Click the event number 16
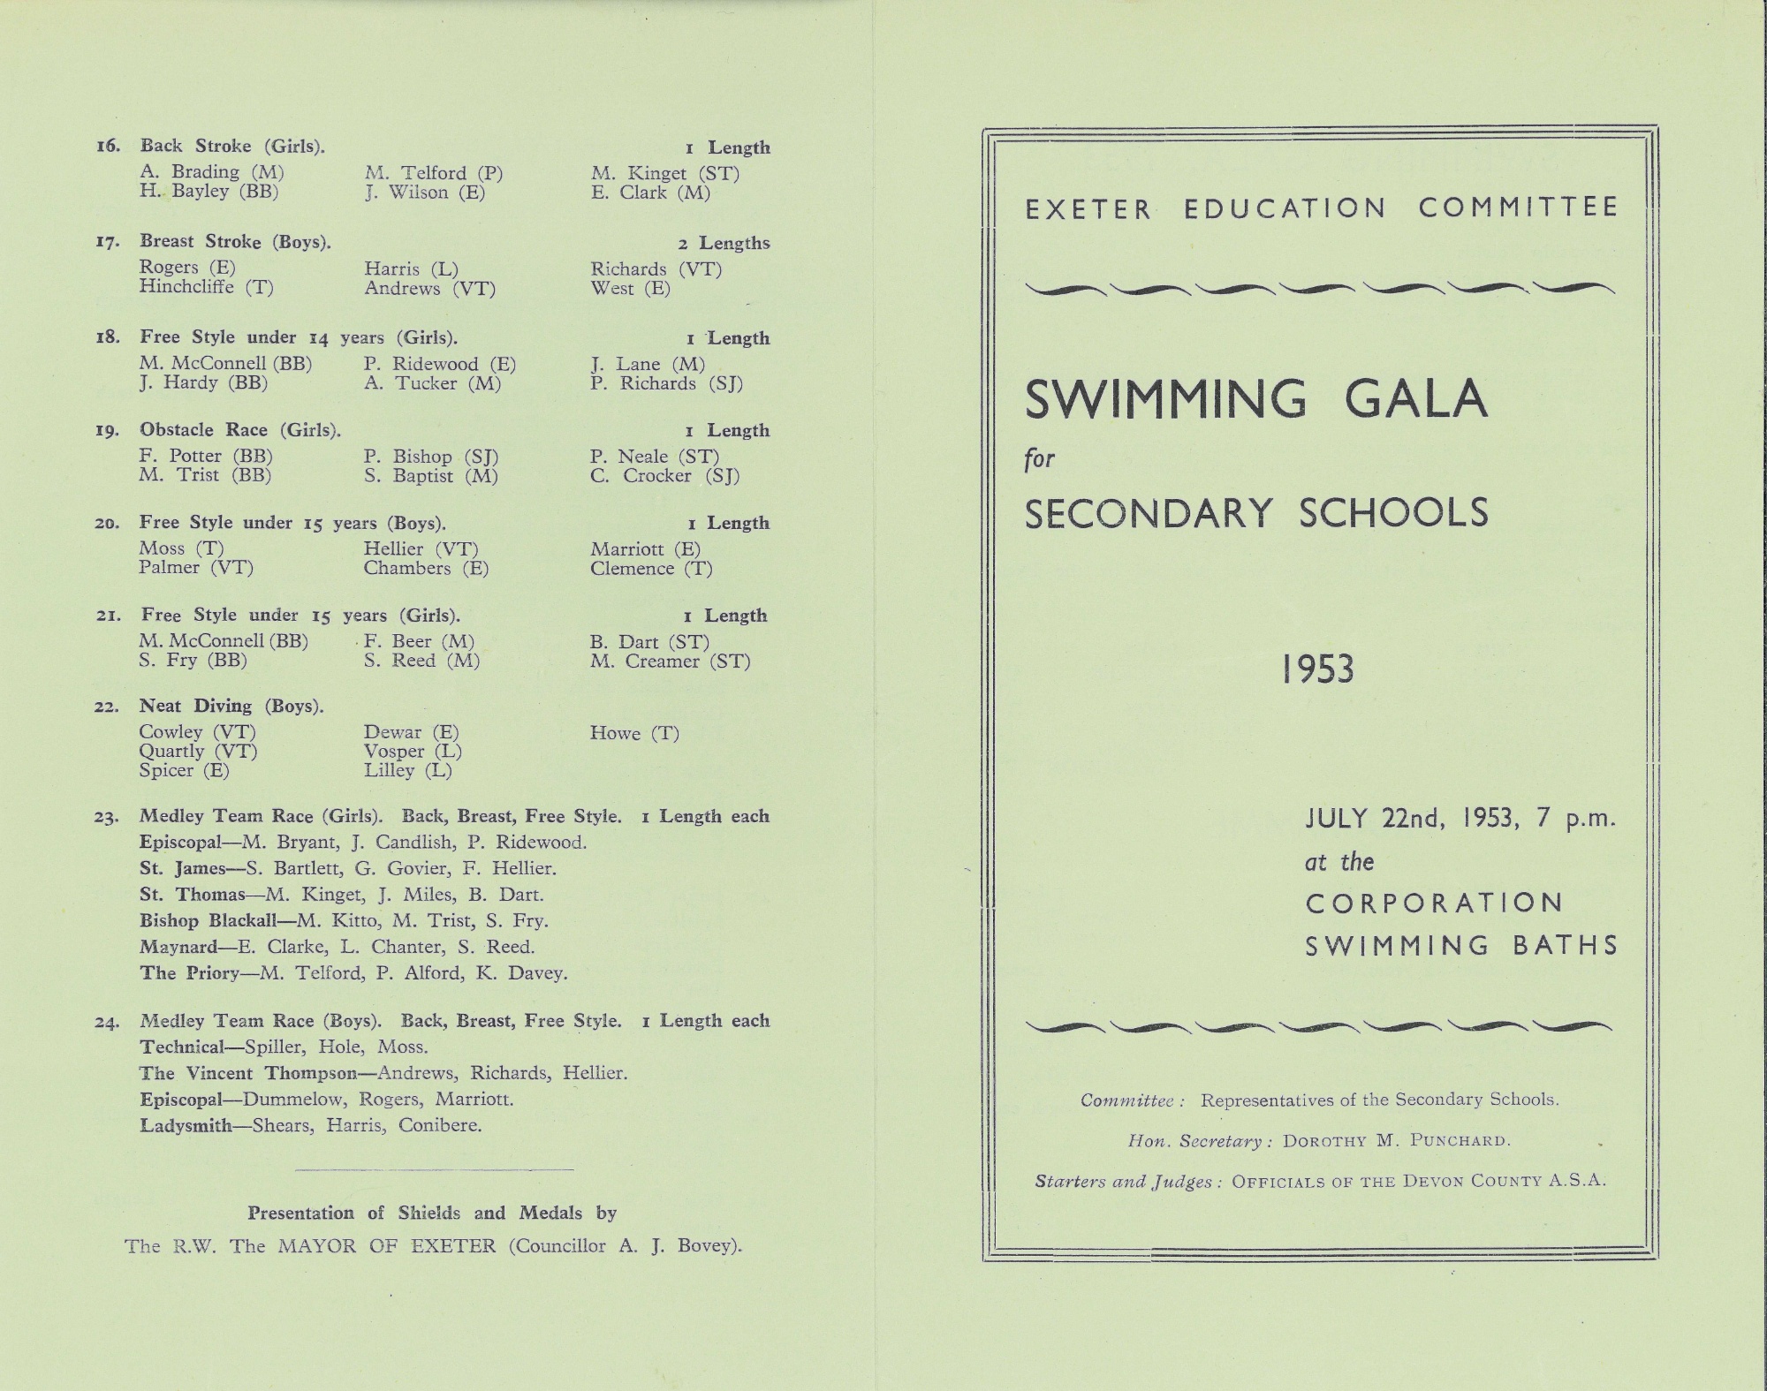108,147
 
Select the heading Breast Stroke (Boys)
235,242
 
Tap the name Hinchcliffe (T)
206,287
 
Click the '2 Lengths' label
724,244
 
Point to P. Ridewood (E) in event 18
439,364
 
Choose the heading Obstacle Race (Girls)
239,430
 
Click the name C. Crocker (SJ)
664,476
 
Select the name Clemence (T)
651,569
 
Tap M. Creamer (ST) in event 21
670,661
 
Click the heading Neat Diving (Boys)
231,706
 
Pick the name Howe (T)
634,733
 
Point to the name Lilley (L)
407,771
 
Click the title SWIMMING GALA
1255,399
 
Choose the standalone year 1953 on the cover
1317,669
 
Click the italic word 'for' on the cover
1040,459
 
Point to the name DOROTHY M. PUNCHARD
1396,1141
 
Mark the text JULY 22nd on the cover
1374,819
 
